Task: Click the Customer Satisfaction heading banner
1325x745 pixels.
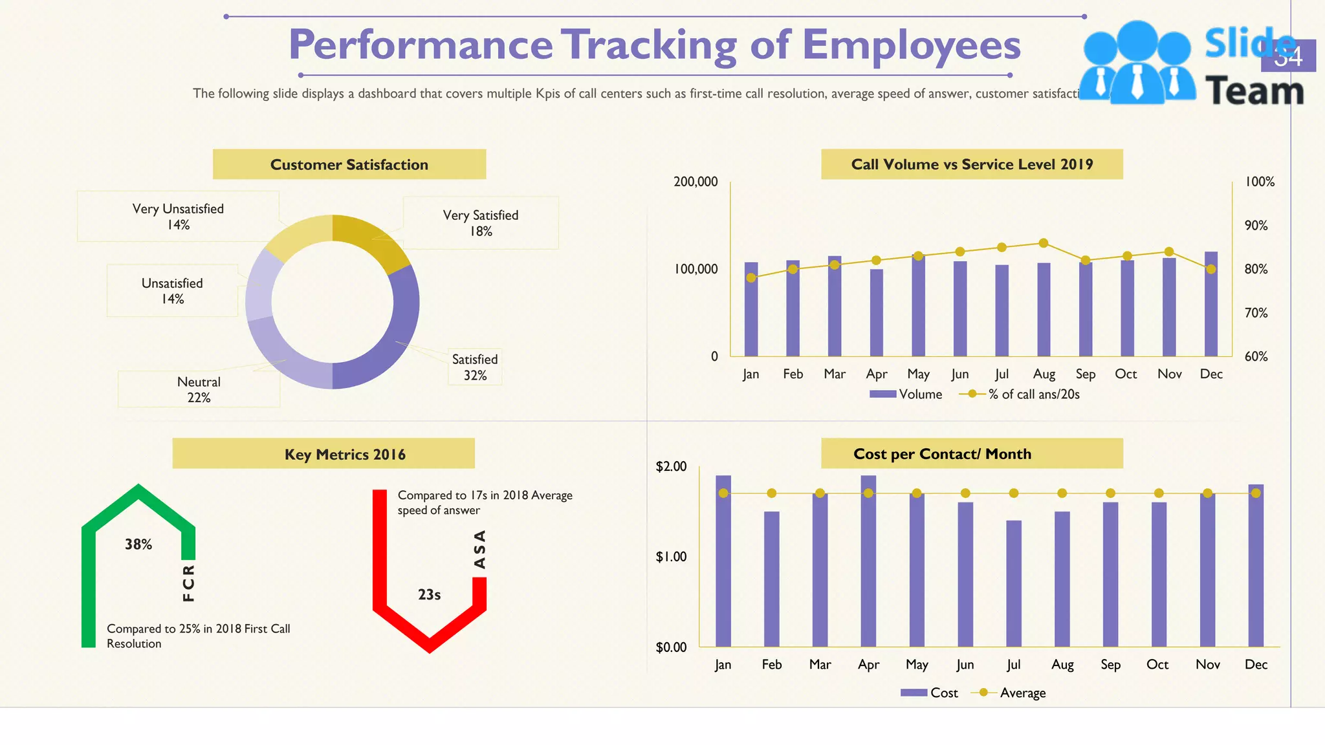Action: [349, 164]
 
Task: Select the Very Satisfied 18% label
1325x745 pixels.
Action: [481, 223]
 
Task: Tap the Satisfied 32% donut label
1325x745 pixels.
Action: [475, 367]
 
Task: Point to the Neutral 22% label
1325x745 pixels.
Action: [199, 389]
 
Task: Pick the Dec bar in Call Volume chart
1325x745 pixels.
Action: [1210, 304]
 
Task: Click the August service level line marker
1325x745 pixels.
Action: [1044, 243]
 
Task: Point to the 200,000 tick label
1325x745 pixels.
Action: [695, 182]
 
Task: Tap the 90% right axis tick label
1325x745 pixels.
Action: [1256, 225]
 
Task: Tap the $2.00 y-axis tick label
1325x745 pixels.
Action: [671, 466]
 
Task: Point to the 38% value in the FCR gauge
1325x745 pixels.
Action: [138, 545]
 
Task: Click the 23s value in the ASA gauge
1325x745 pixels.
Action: [429, 594]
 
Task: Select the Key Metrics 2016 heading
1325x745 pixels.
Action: [345, 455]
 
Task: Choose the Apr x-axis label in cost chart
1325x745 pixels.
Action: [868, 664]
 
